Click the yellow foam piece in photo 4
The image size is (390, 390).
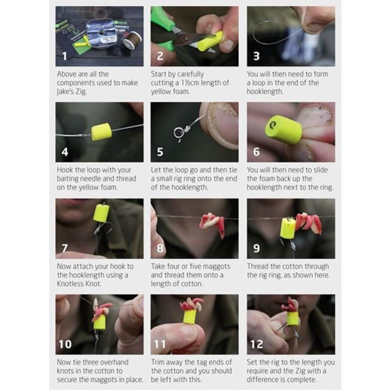pyautogui.click(x=101, y=131)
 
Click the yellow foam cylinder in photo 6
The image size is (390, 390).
pyautogui.click(x=283, y=128)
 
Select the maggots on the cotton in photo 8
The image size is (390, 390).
pyautogui.click(x=211, y=222)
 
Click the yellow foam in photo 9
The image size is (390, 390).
pyautogui.click(x=287, y=228)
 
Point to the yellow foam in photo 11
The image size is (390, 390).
pyautogui.click(x=190, y=316)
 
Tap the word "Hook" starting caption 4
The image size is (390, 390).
pyautogui.click(x=65, y=170)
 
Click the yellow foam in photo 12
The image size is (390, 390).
pyautogui.click(x=292, y=318)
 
